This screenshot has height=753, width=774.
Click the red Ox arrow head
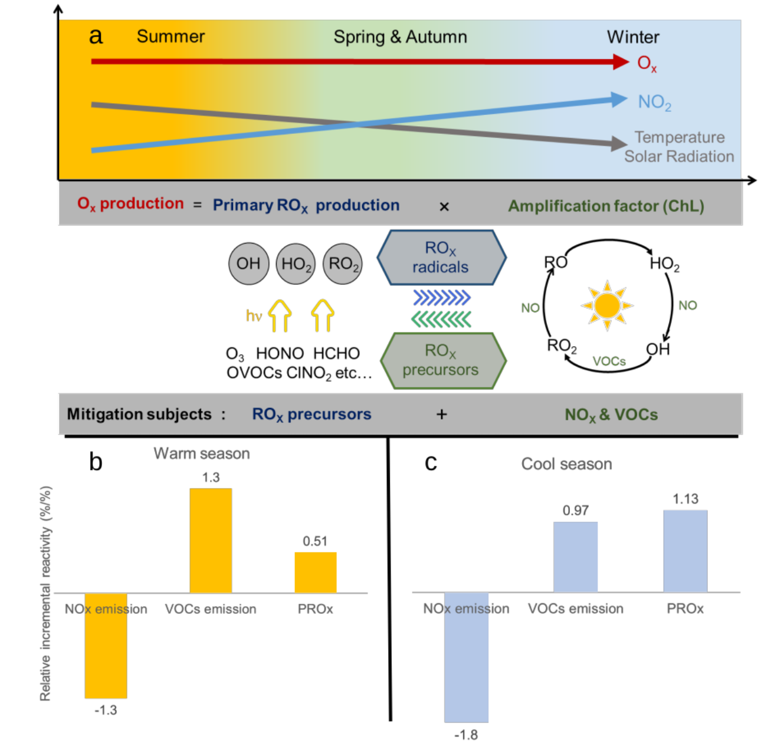621,62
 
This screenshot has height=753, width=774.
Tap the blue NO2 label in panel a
654,103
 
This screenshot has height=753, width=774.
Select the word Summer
170,37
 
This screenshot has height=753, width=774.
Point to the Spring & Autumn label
400,37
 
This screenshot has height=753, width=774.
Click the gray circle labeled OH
248,264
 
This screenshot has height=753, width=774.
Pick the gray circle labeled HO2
296,264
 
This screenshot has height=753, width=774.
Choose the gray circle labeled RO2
343,264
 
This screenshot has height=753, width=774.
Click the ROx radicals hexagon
441,258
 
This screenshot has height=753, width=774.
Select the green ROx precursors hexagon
442,360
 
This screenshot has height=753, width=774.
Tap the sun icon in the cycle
607,305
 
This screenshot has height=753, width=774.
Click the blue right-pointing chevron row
441,297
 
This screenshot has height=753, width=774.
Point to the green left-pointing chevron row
441,320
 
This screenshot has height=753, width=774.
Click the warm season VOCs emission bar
211,540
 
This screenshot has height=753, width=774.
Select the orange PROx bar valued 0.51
316,572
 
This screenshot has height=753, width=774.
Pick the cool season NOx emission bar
466,657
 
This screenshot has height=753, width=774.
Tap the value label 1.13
685,499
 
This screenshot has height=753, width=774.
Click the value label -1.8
465,735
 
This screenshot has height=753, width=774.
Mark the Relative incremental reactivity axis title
45,593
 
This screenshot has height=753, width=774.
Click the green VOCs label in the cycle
609,361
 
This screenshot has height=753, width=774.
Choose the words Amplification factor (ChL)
606,206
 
